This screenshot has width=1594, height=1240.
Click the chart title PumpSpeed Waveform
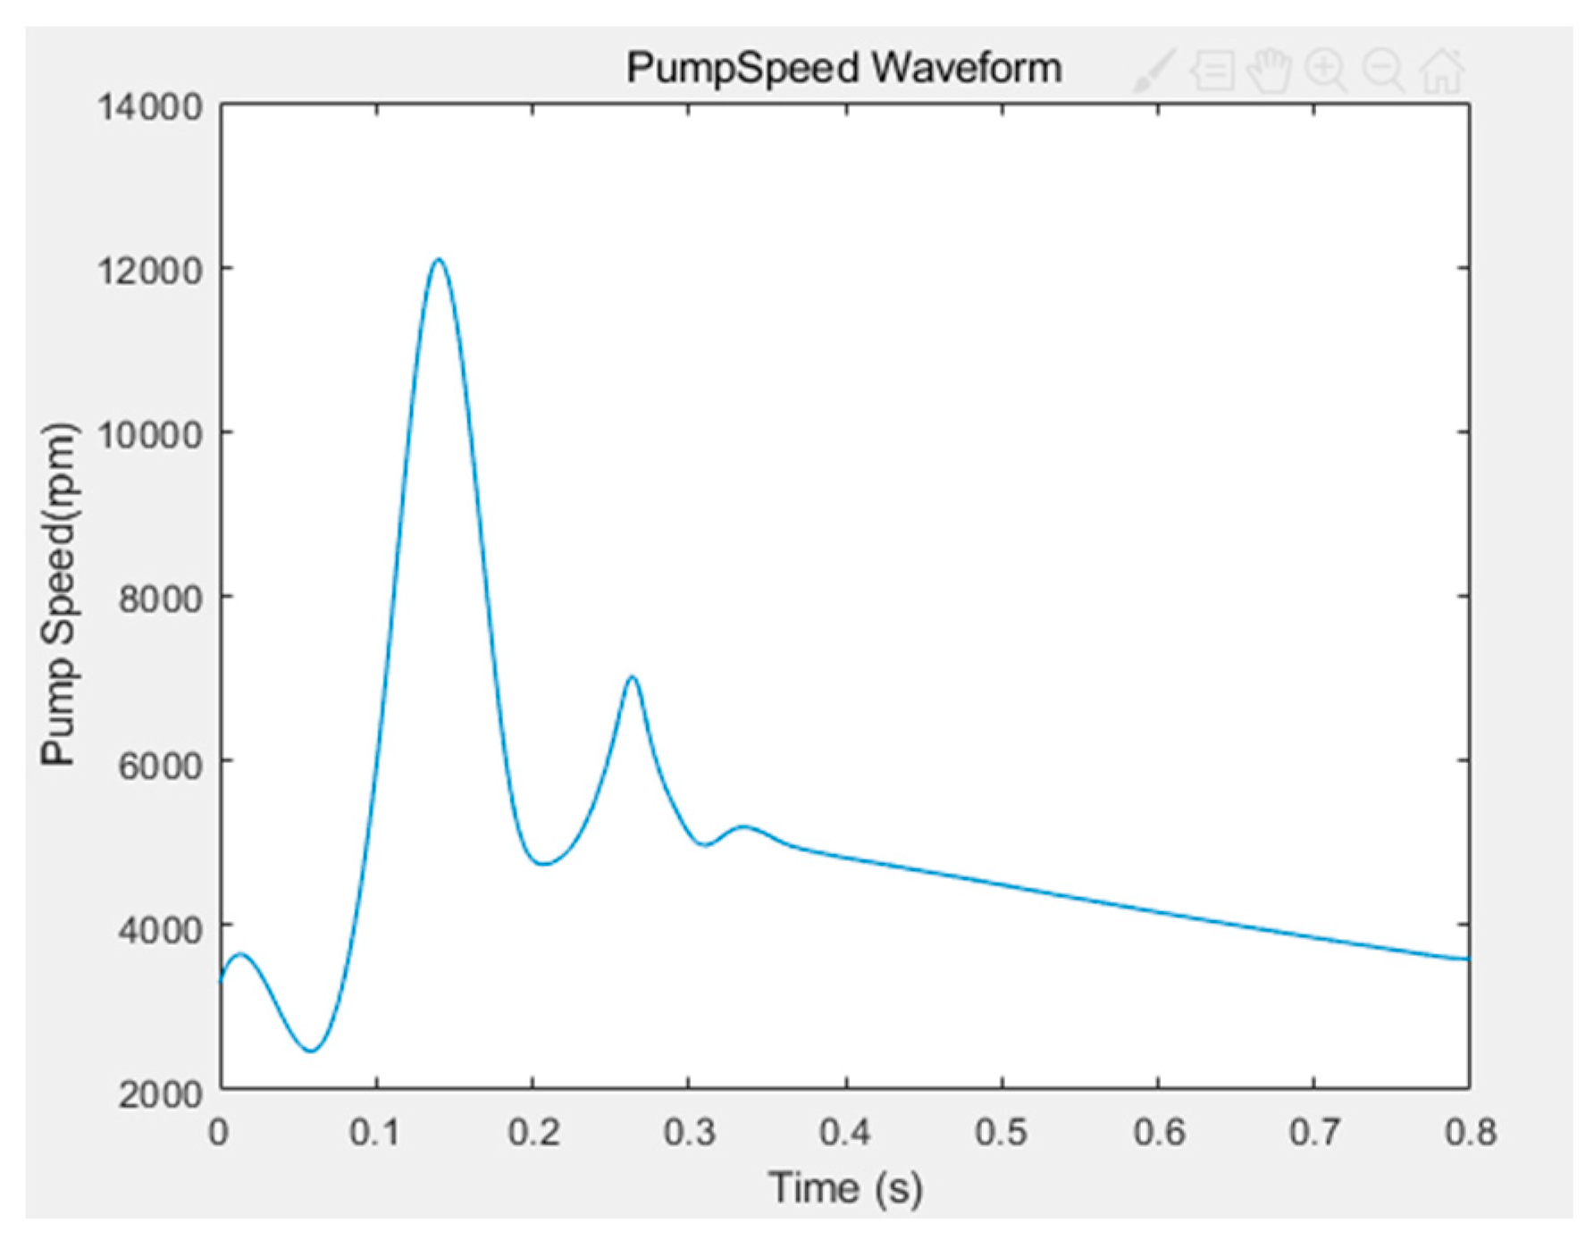[x=843, y=69]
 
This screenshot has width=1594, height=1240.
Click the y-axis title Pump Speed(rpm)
[x=59, y=595]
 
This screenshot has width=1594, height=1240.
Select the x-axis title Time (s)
[x=845, y=1188]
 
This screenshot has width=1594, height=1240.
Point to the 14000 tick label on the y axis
[x=150, y=107]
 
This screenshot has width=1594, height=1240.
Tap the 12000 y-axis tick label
[x=150, y=270]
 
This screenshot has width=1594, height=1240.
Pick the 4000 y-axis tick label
[x=161, y=927]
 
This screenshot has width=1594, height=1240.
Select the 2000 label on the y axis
[x=161, y=1092]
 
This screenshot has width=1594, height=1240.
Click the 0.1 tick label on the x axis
[x=375, y=1133]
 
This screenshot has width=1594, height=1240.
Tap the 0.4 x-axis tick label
[x=845, y=1133]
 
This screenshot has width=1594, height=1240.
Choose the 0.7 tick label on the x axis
[x=1315, y=1133]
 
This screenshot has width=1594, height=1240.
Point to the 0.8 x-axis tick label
[x=1471, y=1133]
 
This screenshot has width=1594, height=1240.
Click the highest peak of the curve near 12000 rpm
[x=438, y=260]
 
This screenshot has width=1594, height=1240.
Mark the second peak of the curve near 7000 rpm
[x=633, y=677]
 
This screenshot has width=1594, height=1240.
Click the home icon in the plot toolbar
[x=1442, y=71]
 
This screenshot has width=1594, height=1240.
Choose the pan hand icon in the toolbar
[x=1269, y=71]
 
